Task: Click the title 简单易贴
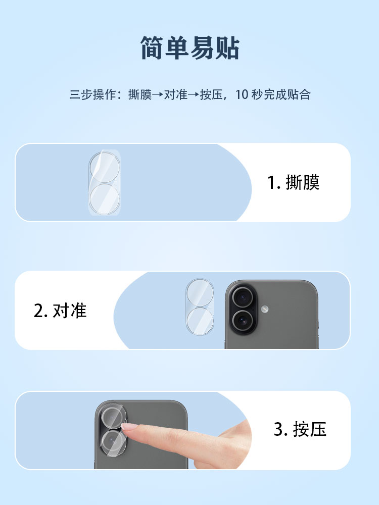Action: pos(190,48)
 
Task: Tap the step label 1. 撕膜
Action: pos(293,183)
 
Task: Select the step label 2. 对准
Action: pos(60,311)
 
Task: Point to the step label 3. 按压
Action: pos(300,429)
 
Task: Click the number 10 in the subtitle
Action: pos(242,94)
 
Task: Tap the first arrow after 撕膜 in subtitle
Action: pos(158,95)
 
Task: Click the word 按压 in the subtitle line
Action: pos(211,94)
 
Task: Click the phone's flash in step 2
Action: pos(265,309)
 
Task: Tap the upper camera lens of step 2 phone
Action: pos(243,297)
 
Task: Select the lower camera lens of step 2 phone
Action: pos(243,321)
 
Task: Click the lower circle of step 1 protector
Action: pos(105,199)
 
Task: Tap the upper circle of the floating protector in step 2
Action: pos(200,293)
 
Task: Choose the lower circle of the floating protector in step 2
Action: pos(200,321)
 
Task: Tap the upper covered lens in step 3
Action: pos(113,417)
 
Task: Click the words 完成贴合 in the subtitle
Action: pos(287,94)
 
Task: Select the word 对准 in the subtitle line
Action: pos(176,94)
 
